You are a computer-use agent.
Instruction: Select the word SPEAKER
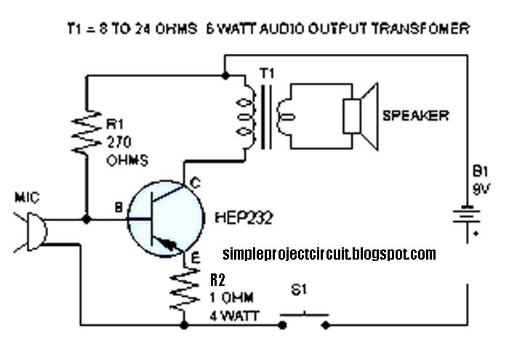coord(415,115)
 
